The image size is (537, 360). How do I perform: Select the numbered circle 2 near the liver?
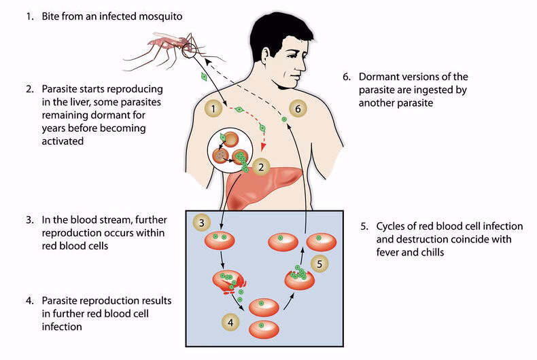coord(260,166)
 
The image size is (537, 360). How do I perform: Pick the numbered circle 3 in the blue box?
coord(201,221)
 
